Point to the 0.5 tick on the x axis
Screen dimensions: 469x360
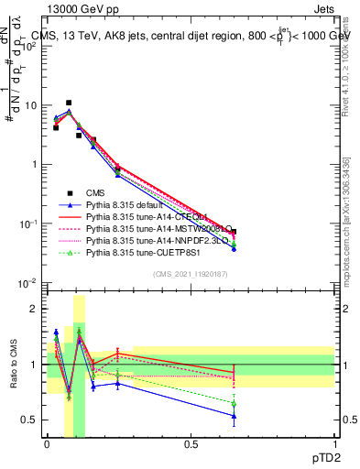191,442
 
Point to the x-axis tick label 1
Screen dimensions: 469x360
334,442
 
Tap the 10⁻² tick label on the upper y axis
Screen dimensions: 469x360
29,283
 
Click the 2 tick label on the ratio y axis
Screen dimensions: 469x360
37,309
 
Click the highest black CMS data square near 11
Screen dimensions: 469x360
69,103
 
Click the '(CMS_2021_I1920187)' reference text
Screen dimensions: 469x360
191,274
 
